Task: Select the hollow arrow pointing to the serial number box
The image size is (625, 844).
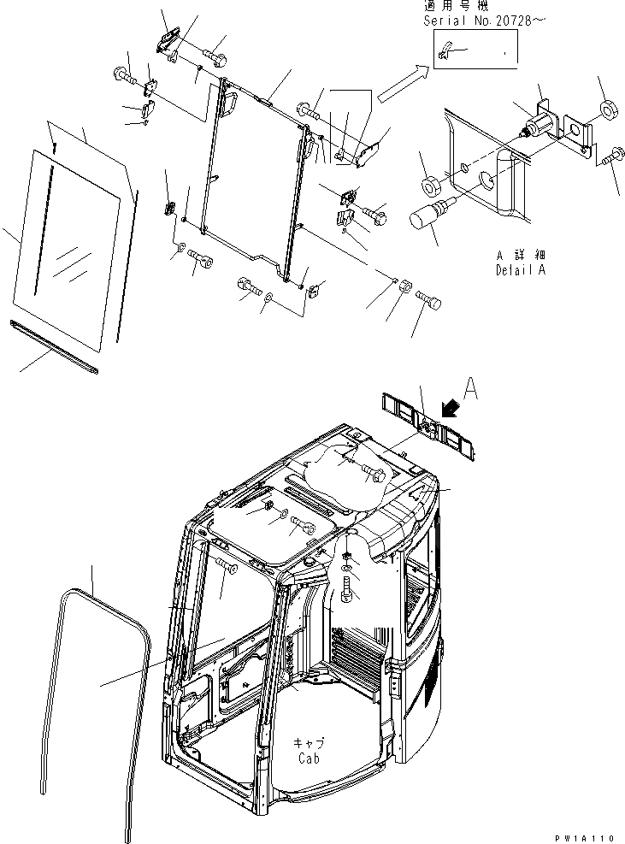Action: point(400,85)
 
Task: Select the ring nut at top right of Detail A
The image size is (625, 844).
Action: point(609,109)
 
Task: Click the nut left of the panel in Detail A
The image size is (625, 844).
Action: point(429,182)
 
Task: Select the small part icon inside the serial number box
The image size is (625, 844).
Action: point(445,53)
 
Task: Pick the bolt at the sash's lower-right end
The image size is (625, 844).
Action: point(428,301)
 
